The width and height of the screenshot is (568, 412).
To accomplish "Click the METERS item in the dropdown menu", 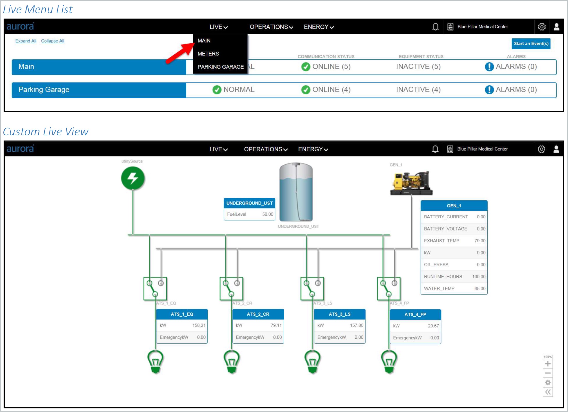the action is click(208, 54).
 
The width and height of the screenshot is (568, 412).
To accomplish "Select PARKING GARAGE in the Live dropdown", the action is click(221, 67).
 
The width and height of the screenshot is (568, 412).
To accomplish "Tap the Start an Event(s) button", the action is click(531, 44).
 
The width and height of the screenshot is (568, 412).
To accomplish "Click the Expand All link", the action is click(26, 41).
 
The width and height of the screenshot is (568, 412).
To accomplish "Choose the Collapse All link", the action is click(53, 41).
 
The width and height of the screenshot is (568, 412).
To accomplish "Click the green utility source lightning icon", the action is click(133, 178).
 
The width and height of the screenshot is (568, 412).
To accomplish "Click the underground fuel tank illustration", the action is click(296, 192).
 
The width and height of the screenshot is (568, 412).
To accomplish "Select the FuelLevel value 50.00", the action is click(268, 214).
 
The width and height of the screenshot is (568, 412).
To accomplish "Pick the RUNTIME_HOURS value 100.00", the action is click(479, 277).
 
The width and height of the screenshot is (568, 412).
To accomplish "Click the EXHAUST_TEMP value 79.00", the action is click(480, 241).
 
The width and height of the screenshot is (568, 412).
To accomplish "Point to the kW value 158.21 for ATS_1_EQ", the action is click(199, 325).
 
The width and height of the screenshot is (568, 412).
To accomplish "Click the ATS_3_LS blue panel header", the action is click(340, 314).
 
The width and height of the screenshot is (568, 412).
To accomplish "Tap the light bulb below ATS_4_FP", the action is click(389, 362).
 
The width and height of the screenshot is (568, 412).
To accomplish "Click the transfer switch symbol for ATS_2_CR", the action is click(231, 289).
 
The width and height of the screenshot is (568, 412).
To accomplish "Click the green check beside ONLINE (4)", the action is click(306, 90).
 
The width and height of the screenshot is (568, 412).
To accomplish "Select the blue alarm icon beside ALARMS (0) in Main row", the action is click(489, 67).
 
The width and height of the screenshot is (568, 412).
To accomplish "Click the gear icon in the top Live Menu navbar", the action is click(542, 27).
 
